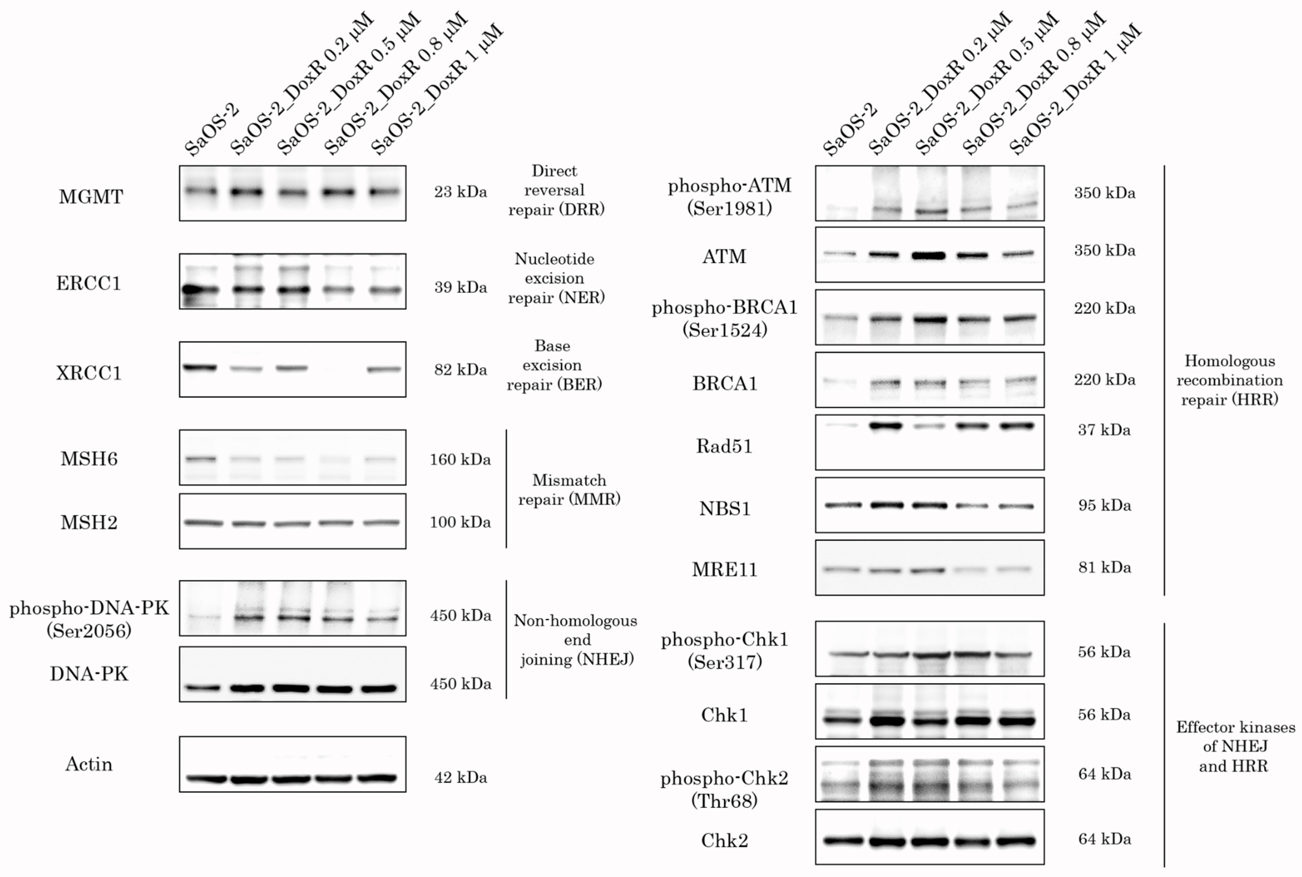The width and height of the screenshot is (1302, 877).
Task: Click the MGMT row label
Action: (x=90, y=197)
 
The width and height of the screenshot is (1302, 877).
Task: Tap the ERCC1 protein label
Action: (x=89, y=284)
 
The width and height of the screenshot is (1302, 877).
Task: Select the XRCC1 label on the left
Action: (x=89, y=373)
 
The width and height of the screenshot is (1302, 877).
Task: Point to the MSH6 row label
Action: (x=89, y=459)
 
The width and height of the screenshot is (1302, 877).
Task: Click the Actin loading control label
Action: (x=89, y=764)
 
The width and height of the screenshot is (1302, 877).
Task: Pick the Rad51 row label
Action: (x=724, y=446)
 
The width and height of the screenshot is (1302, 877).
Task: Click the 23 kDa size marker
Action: (x=460, y=192)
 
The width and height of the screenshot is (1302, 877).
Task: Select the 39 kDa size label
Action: (x=460, y=287)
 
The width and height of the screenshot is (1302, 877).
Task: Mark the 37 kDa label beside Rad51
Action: (x=1104, y=430)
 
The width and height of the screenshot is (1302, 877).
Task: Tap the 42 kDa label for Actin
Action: (x=460, y=778)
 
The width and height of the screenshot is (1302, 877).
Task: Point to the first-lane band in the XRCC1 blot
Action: (x=200, y=368)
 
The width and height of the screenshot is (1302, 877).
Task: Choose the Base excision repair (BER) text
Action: (x=554, y=365)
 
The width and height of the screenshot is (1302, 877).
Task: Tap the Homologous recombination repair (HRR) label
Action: (x=1229, y=380)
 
